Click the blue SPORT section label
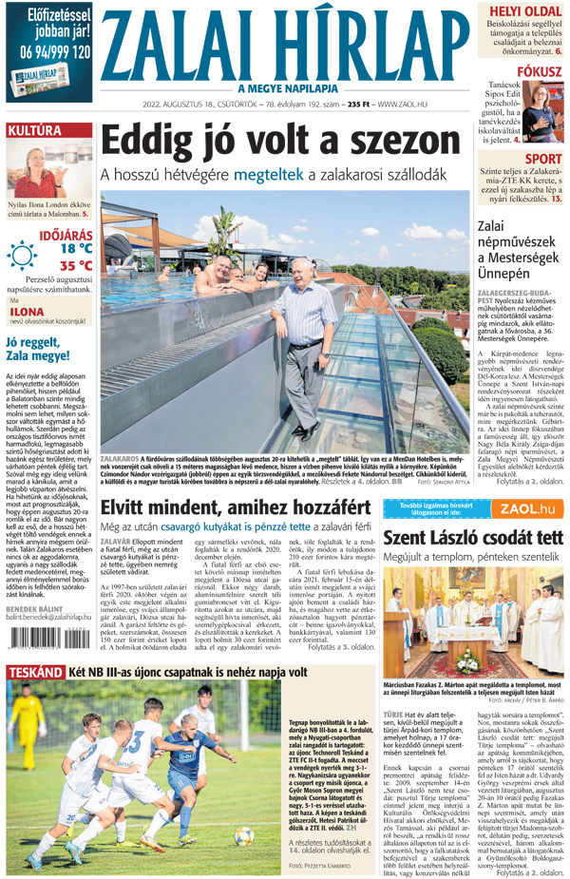click(x=542, y=160)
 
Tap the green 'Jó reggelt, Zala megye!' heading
click(x=37, y=350)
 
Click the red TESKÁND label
click(x=34, y=673)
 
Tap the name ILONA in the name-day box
click(x=28, y=310)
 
